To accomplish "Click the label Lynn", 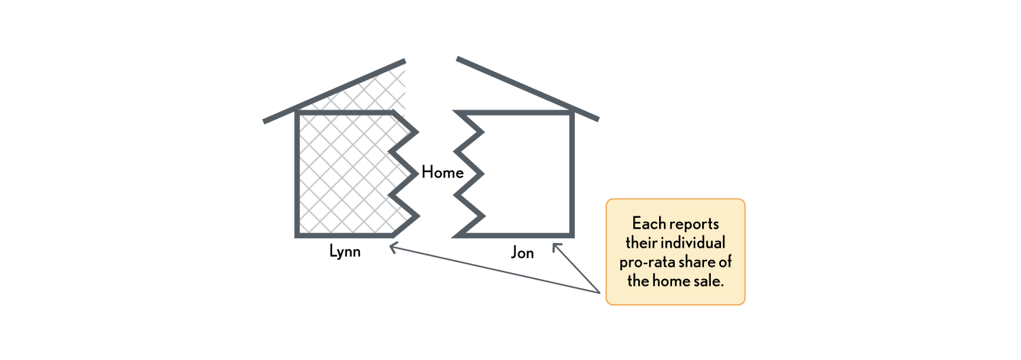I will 344,252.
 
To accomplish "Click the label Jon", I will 522,253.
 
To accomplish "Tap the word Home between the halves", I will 442,173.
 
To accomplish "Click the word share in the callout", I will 700,262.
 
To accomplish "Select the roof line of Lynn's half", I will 333,92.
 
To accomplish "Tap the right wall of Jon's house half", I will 573,174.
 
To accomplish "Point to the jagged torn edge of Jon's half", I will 469,174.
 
